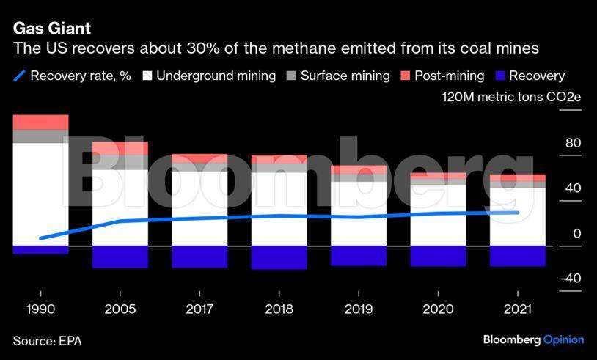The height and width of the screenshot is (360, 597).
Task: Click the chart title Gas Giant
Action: [x=50, y=29]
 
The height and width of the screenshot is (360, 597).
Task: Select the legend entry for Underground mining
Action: [x=209, y=76]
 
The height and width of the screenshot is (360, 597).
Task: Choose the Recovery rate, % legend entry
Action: [x=72, y=76]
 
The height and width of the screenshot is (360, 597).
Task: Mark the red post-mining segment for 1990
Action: [x=40, y=122]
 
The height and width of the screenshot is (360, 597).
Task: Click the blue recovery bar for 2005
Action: [x=120, y=257]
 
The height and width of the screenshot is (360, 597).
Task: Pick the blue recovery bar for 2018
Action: [x=279, y=257]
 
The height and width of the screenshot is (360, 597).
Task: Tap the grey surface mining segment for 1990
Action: [x=40, y=136]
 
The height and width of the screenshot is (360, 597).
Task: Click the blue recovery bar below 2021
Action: [x=517, y=256]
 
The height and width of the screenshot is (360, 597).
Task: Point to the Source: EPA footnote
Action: [x=44, y=339]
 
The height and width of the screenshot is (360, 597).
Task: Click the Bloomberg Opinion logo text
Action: [x=533, y=339]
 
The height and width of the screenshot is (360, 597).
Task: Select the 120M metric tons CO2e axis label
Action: [x=512, y=98]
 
